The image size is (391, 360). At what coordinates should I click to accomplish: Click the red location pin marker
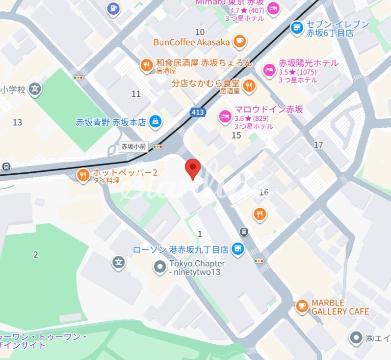tap(193, 168)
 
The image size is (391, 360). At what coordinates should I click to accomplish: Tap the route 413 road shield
tap(198, 113)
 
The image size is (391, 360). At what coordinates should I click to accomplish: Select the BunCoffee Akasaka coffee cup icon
tap(239, 41)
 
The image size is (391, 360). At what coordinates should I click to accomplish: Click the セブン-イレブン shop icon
tap(296, 28)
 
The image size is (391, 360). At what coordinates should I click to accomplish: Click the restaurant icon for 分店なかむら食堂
tap(249, 86)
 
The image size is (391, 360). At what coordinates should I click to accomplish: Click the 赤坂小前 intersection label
tap(134, 146)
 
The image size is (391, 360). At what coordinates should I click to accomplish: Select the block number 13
tap(18, 122)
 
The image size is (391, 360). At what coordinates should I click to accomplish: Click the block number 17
tap(319, 145)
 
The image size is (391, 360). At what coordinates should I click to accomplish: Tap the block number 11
tap(136, 94)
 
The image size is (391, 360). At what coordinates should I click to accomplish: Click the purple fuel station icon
tap(114, 8)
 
